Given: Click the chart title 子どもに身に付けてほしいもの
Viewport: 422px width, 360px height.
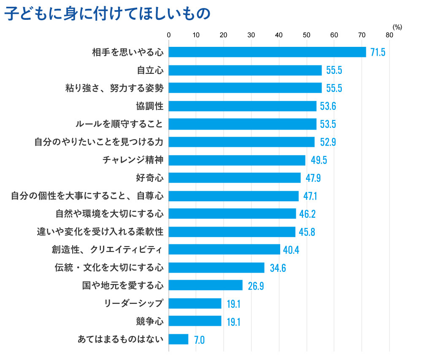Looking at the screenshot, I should pos(107,14).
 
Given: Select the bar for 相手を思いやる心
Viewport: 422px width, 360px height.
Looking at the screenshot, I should pos(267,52).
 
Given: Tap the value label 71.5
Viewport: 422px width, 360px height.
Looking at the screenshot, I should pos(377,52).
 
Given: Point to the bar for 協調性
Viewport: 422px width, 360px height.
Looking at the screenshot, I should pos(242,106).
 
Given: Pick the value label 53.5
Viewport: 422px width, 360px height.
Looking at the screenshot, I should pos(328,124).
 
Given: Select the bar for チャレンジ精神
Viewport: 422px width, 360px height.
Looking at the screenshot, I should pos(237,160).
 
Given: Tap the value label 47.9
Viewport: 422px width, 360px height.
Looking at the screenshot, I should pos(313,178).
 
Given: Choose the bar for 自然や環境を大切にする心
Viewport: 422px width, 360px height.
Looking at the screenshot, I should pos(232,214).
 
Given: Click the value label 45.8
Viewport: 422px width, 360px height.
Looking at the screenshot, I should pos(307,232).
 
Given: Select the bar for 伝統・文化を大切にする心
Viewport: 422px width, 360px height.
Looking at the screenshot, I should pos(216,268).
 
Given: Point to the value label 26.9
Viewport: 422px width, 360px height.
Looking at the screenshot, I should pos(256,286).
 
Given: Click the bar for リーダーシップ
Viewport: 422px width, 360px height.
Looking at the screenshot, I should pos(195,303).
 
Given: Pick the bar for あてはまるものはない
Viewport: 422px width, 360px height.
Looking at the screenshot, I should pos(179,339).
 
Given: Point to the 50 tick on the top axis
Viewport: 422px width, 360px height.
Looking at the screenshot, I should pos(306,35).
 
